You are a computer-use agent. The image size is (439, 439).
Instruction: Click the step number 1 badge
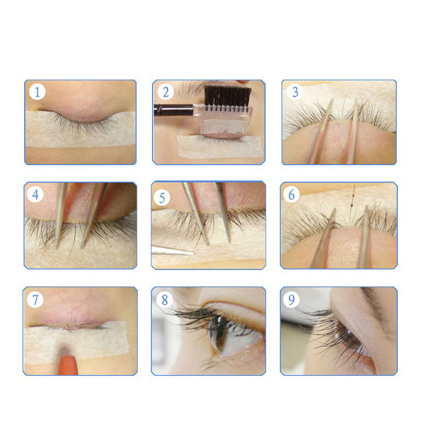37,92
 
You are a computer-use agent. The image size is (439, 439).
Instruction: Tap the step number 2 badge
166,92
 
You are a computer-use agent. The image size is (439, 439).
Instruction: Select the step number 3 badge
295,92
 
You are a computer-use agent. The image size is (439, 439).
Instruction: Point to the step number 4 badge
35,194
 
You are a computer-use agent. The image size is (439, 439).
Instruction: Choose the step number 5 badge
162,198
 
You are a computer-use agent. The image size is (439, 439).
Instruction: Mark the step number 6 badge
291,194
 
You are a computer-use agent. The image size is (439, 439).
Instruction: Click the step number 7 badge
35,300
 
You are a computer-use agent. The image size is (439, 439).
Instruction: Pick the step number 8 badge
164,300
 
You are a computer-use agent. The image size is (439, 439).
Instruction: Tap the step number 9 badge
291,300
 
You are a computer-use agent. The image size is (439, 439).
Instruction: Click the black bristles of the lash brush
227,95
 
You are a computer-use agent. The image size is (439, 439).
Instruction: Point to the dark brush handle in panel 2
173,110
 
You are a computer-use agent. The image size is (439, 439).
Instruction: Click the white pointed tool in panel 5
172,250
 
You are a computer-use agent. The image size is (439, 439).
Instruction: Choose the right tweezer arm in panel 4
94,215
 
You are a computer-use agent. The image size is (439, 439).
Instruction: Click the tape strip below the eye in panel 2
221,147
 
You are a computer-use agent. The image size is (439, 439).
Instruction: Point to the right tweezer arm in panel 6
364,237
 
